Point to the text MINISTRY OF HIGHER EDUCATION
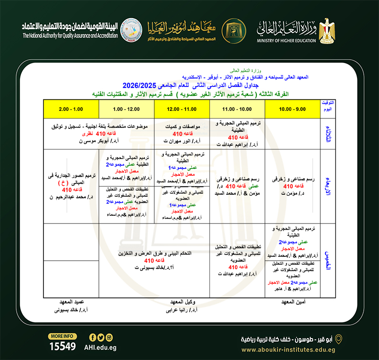pyautogui.click(x=287, y=41)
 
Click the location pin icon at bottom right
pyautogui.click(x=339, y=339)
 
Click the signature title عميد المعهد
pyautogui.click(x=72, y=302)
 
